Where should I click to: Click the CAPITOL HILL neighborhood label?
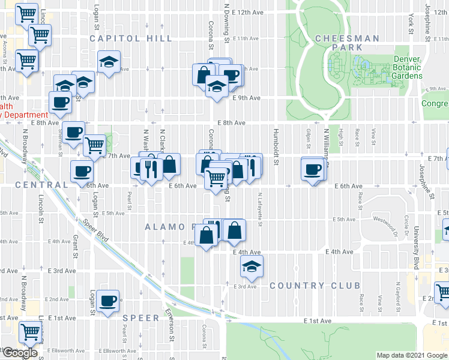(131, 38)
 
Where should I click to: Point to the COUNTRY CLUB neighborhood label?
(315, 286)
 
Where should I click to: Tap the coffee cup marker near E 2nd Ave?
(108, 301)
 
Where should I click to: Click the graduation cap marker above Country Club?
(252, 266)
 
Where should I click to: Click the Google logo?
(20, 353)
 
